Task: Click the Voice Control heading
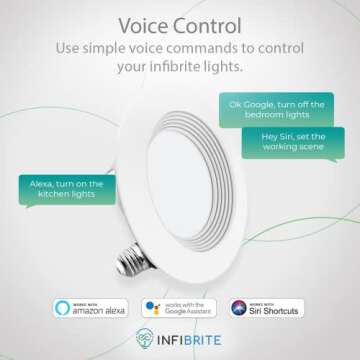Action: [x=180, y=24]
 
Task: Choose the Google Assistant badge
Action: [x=180, y=306]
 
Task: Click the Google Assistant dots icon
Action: [x=153, y=306]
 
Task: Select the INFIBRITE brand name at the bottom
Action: [x=191, y=338]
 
